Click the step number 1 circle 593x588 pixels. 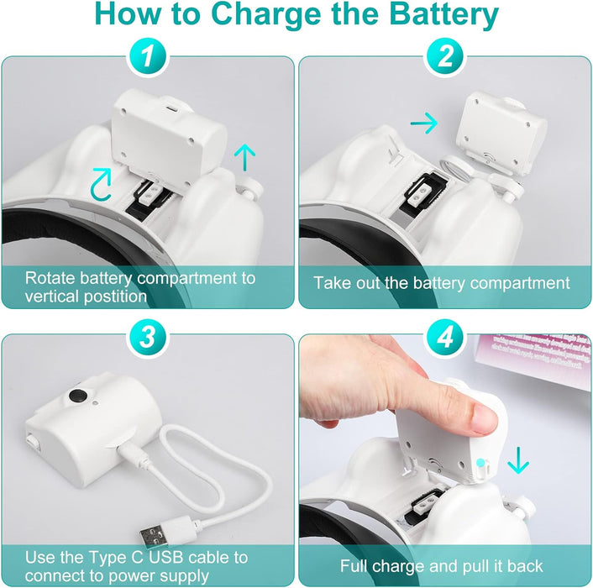click(x=148, y=57)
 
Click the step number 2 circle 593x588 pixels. click(x=445, y=57)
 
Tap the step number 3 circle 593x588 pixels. click(x=148, y=337)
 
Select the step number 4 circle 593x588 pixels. click(x=445, y=337)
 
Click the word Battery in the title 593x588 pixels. click(x=443, y=14)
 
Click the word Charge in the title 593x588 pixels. click(x=260, y=14)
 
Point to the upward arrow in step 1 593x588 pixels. click(x=244, y=157)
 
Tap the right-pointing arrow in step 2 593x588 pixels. click(x=424, y=123)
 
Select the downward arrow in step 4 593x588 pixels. click(x=518, y=460)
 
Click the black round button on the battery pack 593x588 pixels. click(x=78, y=396)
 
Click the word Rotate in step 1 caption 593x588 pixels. click(x=50, y=278)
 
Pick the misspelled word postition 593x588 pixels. click(x=115, y=297)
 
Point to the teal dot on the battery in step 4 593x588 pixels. click(x=480, y=462)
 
